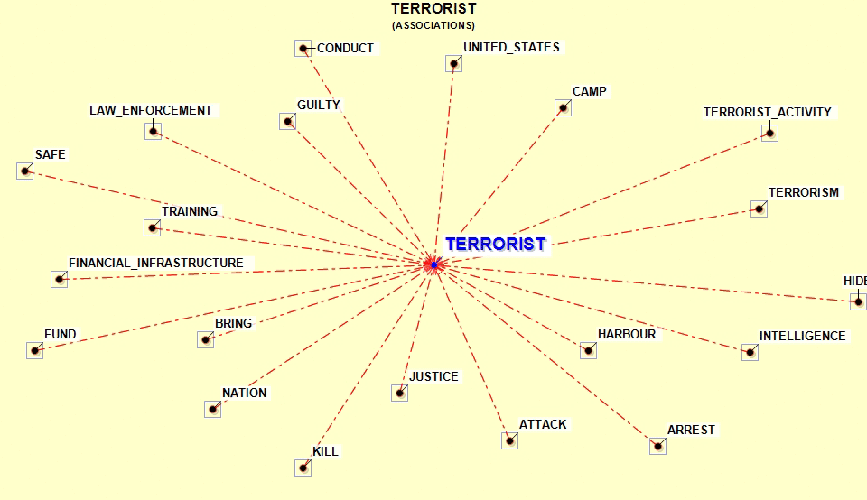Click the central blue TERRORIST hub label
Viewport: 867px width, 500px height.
(496, 245)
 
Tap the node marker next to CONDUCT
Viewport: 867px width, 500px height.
(303, 49)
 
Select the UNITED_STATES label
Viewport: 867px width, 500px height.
(511, 48)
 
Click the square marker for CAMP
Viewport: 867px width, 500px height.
(563, 107)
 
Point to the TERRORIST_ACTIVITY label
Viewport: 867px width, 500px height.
(768, 112)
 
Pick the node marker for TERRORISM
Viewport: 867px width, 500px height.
(760, 208)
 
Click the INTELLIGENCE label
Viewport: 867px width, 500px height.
(802, 336)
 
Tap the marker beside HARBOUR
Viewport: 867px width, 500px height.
(588, 350)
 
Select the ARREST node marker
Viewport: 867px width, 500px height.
(657, 446)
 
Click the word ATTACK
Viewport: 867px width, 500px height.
(543, 424)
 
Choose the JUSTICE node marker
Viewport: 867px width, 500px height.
(400, 393)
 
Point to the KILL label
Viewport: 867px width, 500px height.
(326, 451)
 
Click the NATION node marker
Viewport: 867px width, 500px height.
(213, 410)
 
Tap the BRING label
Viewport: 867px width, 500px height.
(233, 323)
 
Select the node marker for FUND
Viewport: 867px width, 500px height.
(35, 350)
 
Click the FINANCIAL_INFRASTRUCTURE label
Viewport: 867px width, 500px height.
(156, 263)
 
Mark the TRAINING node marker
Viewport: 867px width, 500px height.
(152, 227)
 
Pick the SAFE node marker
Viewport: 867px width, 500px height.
(25, 171)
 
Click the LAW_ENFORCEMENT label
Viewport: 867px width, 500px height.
(151, 110)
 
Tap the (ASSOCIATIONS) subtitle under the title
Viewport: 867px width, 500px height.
(433, 25)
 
